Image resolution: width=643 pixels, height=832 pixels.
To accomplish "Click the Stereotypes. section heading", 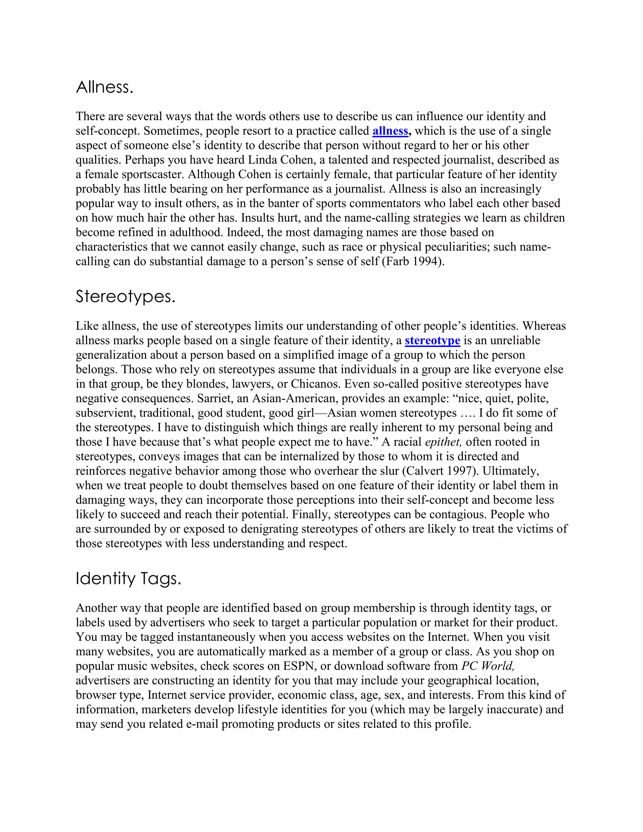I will tap(125, 297).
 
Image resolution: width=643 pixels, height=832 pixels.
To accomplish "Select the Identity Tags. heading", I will tap(128, 579).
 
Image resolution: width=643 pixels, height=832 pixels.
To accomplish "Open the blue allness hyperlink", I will tap(390, 131).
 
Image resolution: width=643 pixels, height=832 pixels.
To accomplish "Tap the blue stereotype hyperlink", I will tap(432, 341).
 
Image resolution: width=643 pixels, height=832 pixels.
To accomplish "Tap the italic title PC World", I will tap(488, 666).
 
